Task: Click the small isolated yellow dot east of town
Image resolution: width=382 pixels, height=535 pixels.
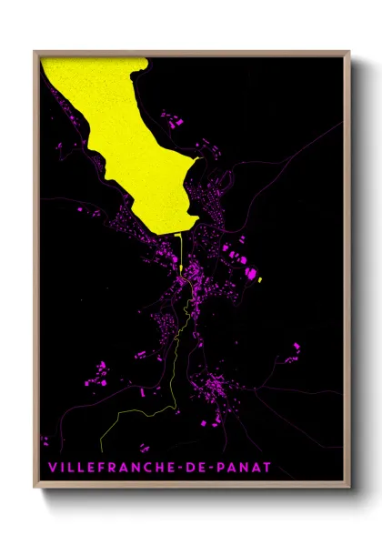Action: point(260,280)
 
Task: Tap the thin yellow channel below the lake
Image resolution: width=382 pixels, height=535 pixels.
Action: point(182,250)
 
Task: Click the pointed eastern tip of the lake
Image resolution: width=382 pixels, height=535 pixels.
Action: point(199,156)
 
